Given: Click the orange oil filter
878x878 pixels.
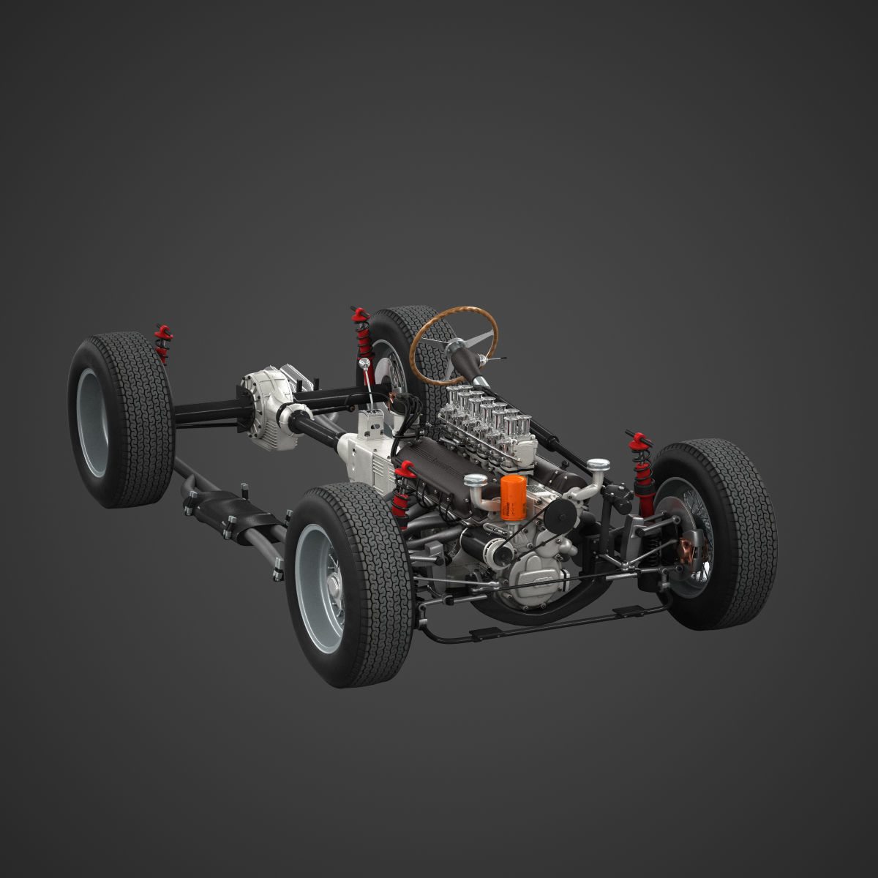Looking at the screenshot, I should [x=514, y=498].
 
